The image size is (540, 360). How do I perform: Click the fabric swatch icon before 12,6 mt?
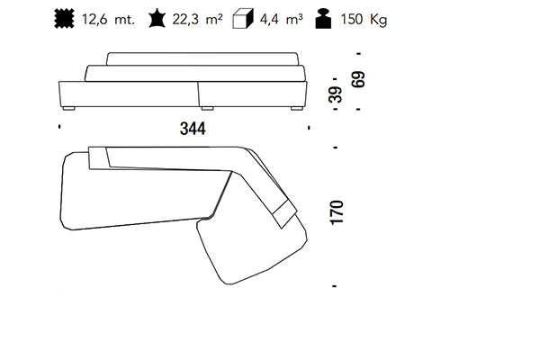pos(64,19)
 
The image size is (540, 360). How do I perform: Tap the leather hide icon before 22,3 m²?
pos(157,19)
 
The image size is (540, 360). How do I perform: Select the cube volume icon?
pos(243,19)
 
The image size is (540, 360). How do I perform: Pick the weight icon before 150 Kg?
pos(323,19)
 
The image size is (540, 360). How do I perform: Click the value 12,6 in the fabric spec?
pos(94,20)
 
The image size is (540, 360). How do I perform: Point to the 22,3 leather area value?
pos(185,20)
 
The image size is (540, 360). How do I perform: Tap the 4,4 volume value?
pos(269,20)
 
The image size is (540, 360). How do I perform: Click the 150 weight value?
pos(352,19)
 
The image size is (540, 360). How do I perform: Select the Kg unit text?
pos(379,20)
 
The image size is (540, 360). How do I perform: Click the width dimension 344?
pos(193,129)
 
